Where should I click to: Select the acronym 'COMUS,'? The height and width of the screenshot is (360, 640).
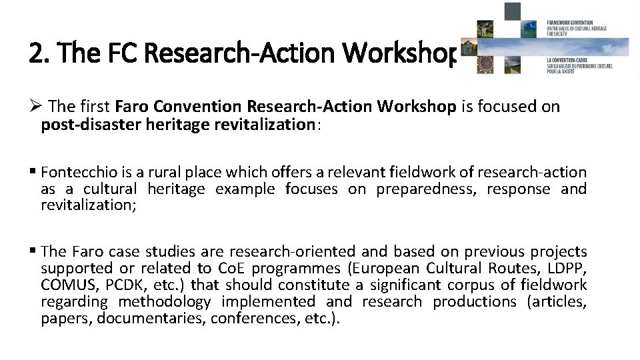67,285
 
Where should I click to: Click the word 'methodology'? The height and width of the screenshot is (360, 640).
165,302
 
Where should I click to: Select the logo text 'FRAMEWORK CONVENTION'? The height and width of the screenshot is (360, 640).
569,23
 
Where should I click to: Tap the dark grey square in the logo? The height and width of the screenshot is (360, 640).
512,11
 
